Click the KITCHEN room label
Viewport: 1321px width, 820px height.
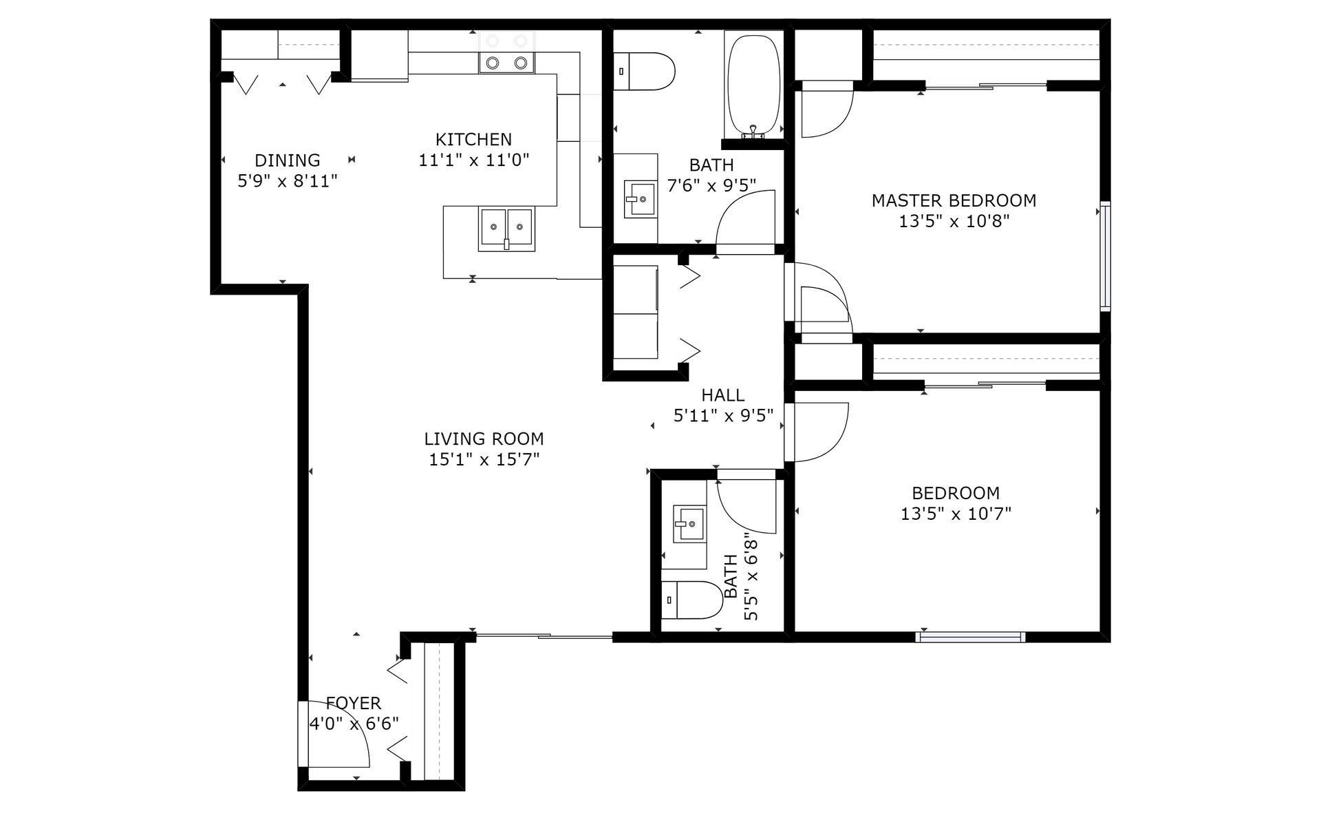click(x=473, y=140)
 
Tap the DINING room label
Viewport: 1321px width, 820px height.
click(x=288, y=160)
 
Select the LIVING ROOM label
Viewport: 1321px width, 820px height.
click(x=484, y=439)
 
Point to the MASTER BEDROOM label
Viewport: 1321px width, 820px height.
click(x=954, y=200)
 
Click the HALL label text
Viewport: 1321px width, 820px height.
click(x=722, y=395)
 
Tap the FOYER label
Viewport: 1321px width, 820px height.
click(x=353, y=703)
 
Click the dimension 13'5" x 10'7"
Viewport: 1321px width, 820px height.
click(x=956, y=514)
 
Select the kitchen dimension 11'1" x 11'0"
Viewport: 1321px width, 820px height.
click(x=473, y=160)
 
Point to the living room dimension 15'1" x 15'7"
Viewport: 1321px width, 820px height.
click(x=484, y=459)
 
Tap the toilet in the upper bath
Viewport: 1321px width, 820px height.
click(x=645, y=72)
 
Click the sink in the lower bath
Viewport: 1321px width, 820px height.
click(x=689, y=524)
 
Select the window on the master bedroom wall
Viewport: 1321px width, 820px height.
click(x=1105, y=255)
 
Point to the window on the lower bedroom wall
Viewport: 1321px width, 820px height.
click(x=970, y=637)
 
